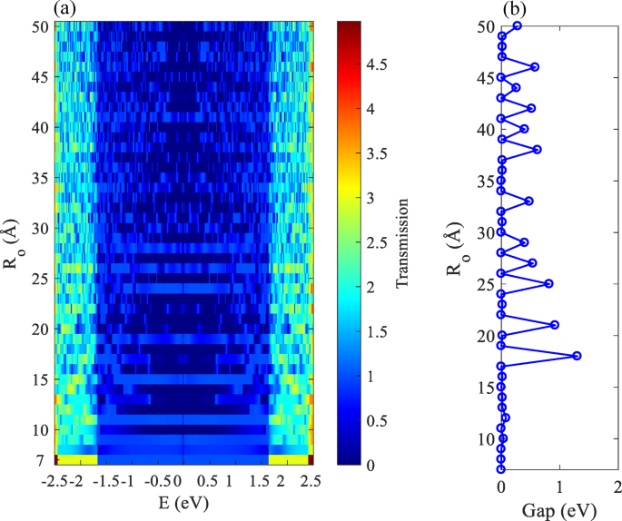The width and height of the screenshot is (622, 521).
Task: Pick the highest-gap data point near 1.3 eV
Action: [x=577, y=356]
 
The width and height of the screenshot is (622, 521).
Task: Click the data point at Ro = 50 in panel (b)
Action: [x=517, y=25]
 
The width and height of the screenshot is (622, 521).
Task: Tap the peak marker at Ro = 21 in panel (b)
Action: [x=554, y=325]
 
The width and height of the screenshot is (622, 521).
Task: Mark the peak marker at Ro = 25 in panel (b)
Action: [x=548, y=283]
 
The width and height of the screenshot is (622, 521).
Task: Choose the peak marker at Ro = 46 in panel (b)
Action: [x=535, y=67]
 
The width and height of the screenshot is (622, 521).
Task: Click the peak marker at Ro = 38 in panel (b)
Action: [x=537, y=149]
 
